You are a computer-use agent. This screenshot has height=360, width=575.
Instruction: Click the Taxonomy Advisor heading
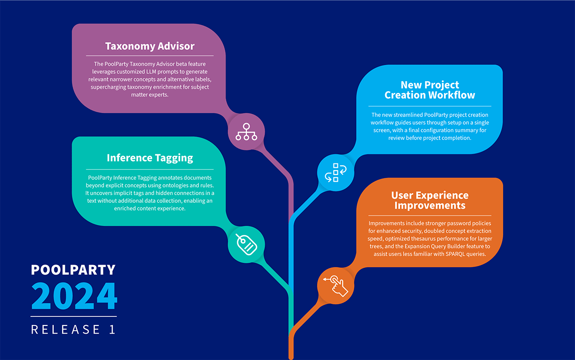pyautogui.click(x=150, y=46)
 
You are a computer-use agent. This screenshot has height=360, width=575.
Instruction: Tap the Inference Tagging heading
pyautogui.click(x=150, y=158)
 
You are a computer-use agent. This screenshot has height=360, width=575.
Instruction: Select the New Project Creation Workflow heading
pyautogui.click(x=430, y=90)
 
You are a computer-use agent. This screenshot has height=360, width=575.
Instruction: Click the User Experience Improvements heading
pyautogui.click(x=430, y=200)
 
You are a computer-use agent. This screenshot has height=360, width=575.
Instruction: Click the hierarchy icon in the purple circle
pyautogui.click(x=246, y=132)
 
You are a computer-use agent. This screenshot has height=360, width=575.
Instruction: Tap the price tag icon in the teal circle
pyautogui.click(x=246, y=244)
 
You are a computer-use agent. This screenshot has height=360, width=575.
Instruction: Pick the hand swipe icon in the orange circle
pyautogui.click(x=335, y=286)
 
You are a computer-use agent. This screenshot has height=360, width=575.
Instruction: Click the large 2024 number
pyautogui.click(x=74, y=296)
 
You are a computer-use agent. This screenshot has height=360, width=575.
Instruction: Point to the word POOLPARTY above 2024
pyautogui.click(x=73, y=270)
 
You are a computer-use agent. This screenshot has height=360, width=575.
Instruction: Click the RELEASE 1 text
pyautogui.click(x=73, y=330)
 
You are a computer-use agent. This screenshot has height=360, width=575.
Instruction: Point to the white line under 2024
pyautogui.click(x=73, y=316)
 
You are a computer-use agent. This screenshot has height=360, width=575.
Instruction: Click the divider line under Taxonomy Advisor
pyautogui.click(x=150, y=56)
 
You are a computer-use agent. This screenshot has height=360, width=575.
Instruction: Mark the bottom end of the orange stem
pyautogui.click(x=291, y=356)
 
